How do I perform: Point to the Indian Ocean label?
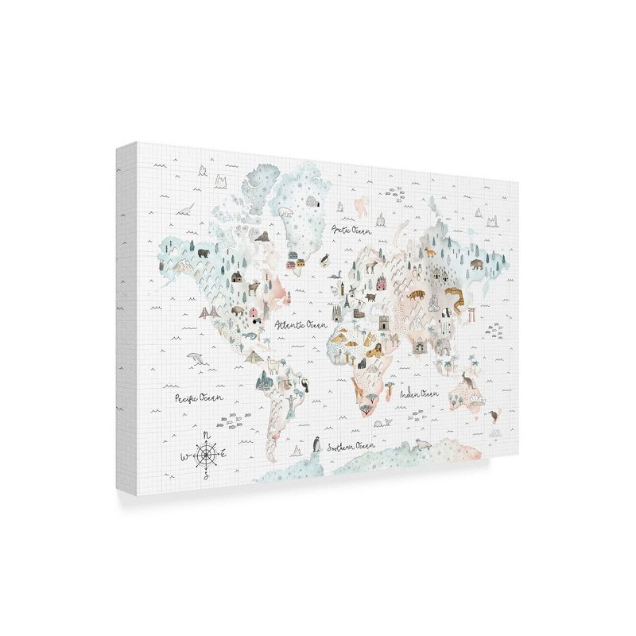tap(419, 394)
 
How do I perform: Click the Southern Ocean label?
tap(351, 446)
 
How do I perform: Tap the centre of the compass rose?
tap(207, 455)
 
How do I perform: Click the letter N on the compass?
tap(207, 435)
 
